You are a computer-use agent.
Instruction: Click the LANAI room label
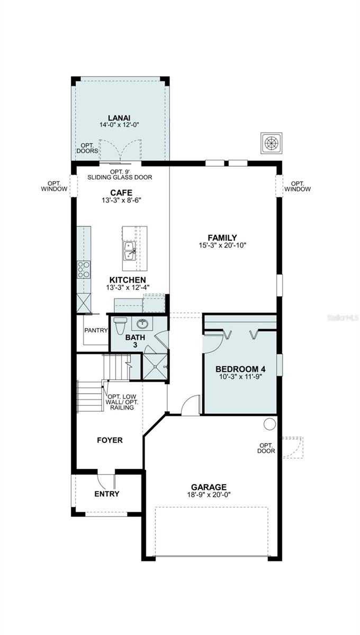120,117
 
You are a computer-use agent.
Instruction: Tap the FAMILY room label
222,238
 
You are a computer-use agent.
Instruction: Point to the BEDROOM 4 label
240,368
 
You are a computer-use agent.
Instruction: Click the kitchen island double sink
129,251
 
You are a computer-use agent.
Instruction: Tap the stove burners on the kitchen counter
84,269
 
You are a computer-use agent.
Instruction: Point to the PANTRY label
96,330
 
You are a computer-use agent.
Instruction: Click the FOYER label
110,440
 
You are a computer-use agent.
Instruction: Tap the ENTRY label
107,494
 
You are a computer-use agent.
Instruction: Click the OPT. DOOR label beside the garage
266,448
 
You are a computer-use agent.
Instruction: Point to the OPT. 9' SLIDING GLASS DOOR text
124,175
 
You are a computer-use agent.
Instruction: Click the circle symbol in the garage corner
269,424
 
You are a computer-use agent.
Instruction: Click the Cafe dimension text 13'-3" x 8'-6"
121,200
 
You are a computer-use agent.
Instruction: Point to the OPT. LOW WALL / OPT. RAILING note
123,402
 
